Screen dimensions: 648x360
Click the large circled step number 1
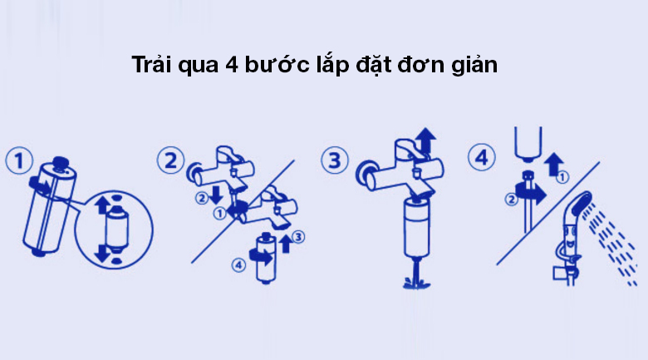pyautogui.click(x=19, y=160)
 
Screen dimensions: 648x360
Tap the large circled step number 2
pyautogui.click(x=170, y=160)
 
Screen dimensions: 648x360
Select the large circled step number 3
pyautogui.click(x=335, y=160)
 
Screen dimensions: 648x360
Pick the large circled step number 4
pyautogui.click(x=482, y=157)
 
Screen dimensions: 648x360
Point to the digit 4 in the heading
pyautogui.click(x=232, y=65)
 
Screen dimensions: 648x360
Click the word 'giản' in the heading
pyautogui.click(x=474, y=66)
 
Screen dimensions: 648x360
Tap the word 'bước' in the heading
pyautogui.click(x=277, y=65)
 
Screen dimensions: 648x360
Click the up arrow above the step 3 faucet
pyautogui.click(x=425, y=141)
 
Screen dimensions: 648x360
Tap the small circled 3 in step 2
pyautogui.click(x=298, y=237)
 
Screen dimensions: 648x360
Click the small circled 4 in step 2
pyautogui.click(x=238, y=265)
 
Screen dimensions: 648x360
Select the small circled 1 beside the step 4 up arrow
pyautogui.click(x=562, y=178)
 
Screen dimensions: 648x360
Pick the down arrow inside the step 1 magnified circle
pyautogui.click(x=102, y=253)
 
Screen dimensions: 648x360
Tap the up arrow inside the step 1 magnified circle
pyautogui.click(x=102, y=205)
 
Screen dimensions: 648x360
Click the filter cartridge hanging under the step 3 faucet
pyautogui.click(x=416, y=228)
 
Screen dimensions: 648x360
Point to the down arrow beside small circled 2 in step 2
pyautogui.click(x=216, y=195)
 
